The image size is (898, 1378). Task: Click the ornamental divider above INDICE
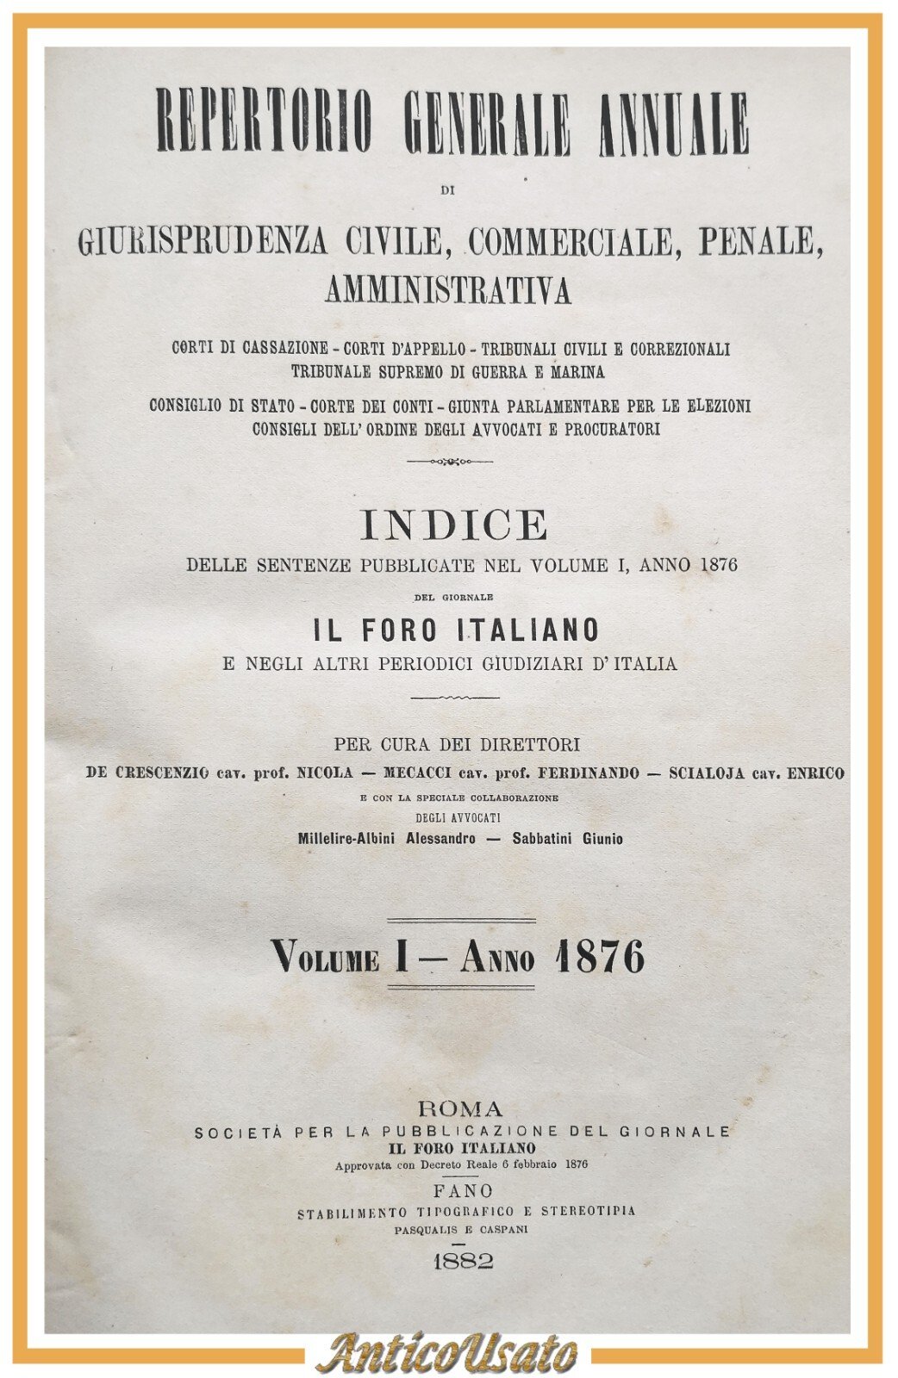coord(449,462)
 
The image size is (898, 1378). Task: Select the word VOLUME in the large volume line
coord(326,958)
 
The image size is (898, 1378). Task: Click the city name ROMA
coord(458,1108)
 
